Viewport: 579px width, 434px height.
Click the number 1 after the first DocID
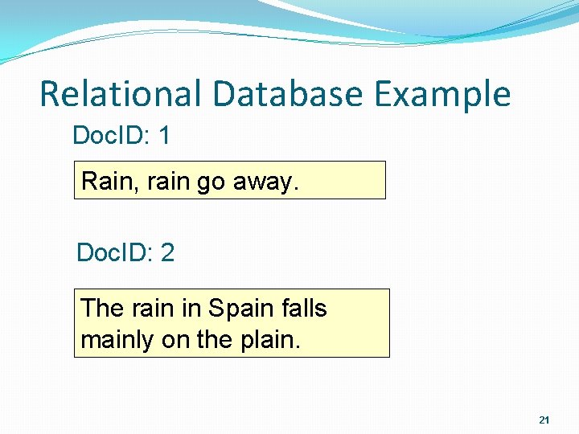coord(164,136)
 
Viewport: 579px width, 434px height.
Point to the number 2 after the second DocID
coord(167,253)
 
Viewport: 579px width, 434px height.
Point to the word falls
coord(305,309)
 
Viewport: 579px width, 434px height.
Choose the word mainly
coord(117,340)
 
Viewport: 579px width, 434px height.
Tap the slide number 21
coord(544,420)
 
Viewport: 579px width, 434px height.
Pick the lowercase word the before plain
coord(214,340)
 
